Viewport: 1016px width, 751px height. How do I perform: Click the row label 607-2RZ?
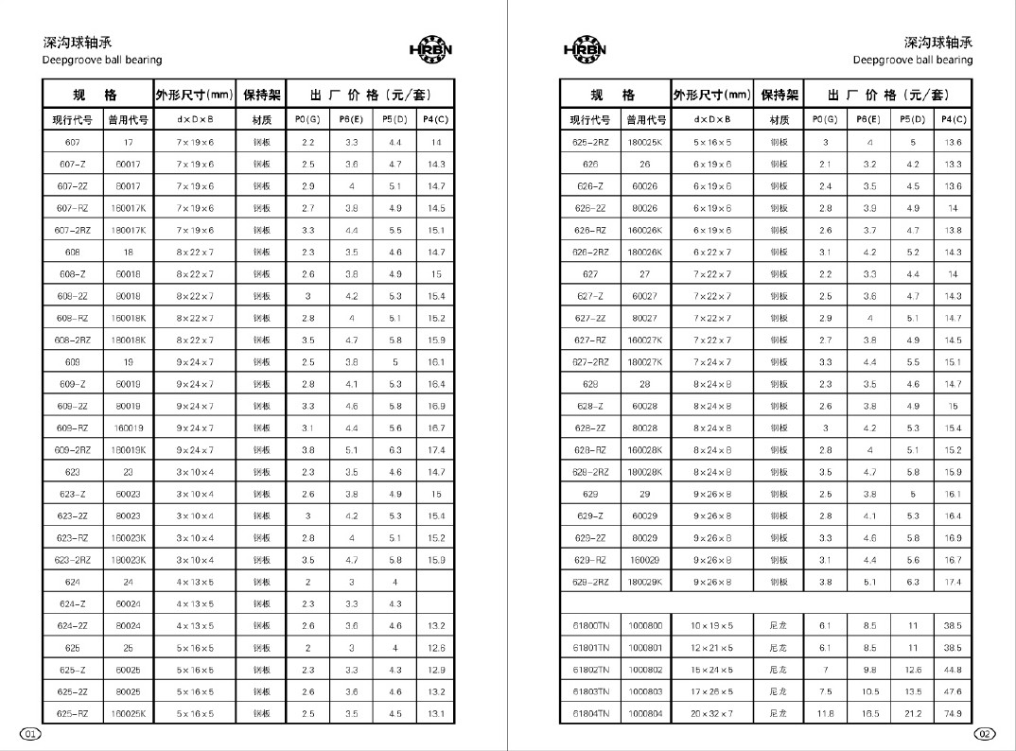[73, 230]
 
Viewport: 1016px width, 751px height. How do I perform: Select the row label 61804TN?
[590, 714]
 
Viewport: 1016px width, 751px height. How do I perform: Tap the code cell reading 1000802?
[645, 670]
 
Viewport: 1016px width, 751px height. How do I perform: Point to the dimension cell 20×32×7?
[712, 714]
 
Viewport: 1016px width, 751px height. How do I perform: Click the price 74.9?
[953, 714]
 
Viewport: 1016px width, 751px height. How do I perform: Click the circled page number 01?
[30, 734]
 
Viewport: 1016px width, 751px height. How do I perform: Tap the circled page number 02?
[985, 734]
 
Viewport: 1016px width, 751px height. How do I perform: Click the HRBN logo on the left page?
[431, 49]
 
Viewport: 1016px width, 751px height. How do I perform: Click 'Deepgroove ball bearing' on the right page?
[912, 60]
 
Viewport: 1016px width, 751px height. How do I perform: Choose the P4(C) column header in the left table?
[436, 120]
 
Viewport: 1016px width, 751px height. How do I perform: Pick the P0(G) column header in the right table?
[826, 120]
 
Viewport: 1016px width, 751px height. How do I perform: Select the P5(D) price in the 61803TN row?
[913, 691]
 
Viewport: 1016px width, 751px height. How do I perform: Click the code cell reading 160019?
[129, 428]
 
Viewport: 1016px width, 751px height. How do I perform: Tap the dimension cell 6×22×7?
[712, 253]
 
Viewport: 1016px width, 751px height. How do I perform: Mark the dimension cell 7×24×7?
[712, 361]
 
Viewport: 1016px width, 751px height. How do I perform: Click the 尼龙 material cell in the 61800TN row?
[779, 626]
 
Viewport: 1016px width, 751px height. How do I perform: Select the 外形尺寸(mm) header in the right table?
[712, 95]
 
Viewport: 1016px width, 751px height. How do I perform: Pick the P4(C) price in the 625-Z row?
[436, 670]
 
